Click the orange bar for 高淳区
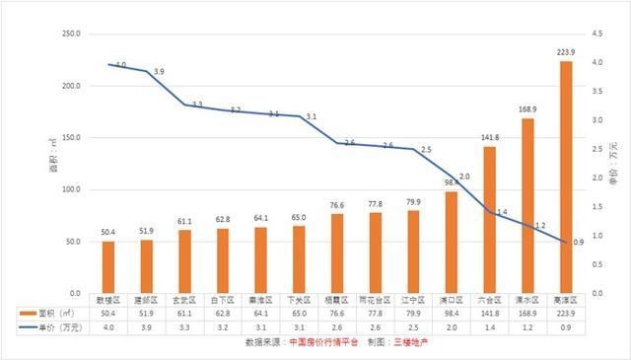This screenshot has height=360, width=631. [566, 178]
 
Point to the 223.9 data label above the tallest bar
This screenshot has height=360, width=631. [566, 53]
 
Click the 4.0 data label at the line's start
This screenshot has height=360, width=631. [120, 65]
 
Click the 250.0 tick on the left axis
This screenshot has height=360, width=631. [69, 35]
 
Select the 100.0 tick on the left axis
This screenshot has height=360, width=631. [69, 190]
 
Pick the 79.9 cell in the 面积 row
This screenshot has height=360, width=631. [413, 313]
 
